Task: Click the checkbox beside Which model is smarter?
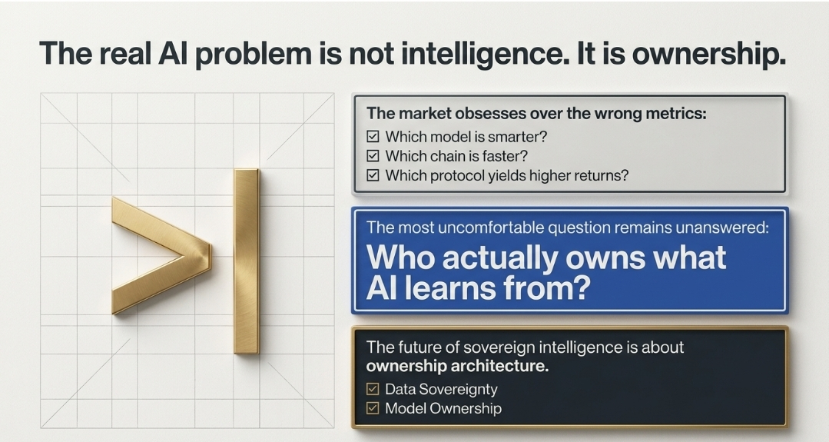click(x=373, y=136)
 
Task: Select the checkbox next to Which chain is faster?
click(x=373, y=156)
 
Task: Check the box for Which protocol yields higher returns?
click(x=373, y=175)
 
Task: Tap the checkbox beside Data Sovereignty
click(x=373, y=389)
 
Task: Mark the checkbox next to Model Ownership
click(x=373, y=408)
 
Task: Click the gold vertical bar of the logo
click(x=247, y=261)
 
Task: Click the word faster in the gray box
click(x=504, y=156)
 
